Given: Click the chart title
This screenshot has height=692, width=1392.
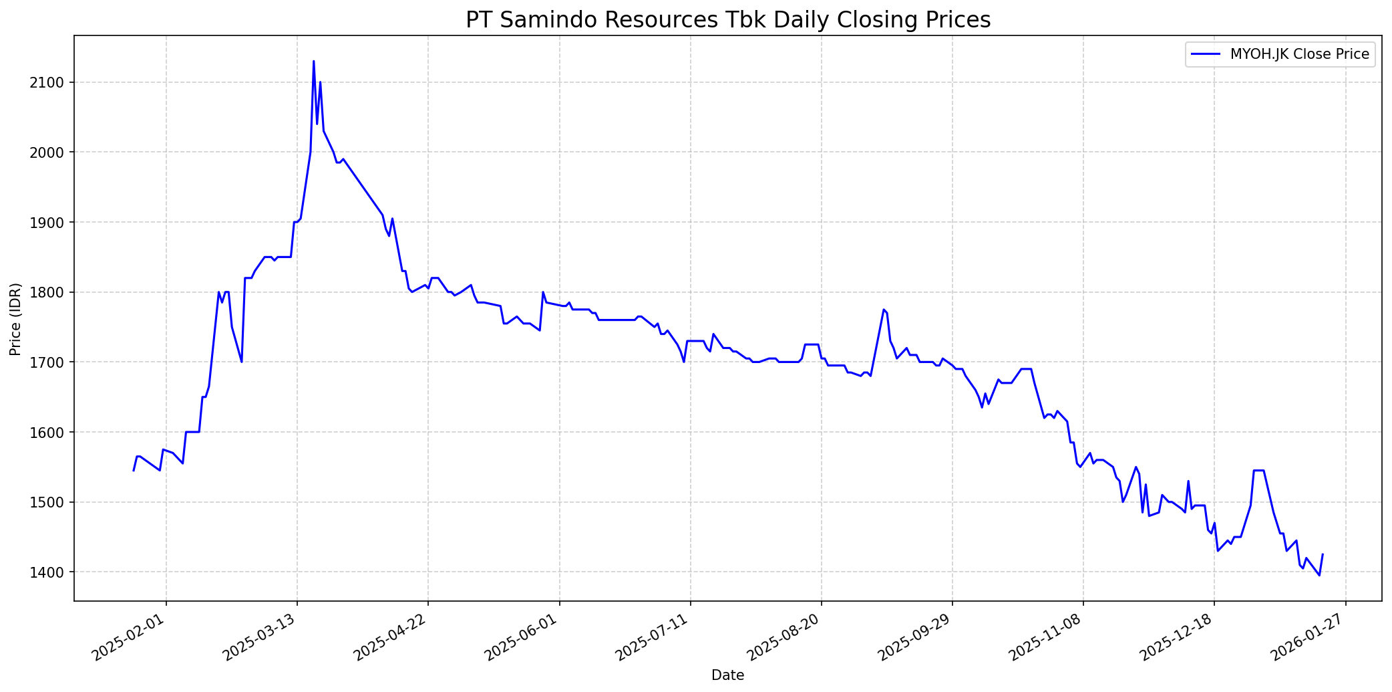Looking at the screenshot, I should tap(727, 20).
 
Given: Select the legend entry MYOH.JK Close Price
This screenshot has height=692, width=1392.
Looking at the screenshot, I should tap(1299, 54).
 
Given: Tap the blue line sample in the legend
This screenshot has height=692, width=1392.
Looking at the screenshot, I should tap(1206, 54).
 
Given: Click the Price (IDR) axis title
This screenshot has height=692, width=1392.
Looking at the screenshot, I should tap(15, 319).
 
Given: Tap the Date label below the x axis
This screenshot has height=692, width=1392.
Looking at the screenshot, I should tap(727, 675).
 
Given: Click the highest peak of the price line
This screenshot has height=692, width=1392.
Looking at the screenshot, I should tap(314, 62).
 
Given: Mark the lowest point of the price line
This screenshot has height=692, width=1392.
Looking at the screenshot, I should tap(1319, 575).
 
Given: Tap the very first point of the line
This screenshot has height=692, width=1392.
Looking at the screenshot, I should tap(134, 471).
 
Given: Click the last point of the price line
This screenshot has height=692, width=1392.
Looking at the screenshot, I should tap(1323, 554).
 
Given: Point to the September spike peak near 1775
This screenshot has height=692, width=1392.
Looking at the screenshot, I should tap(883, 310).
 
